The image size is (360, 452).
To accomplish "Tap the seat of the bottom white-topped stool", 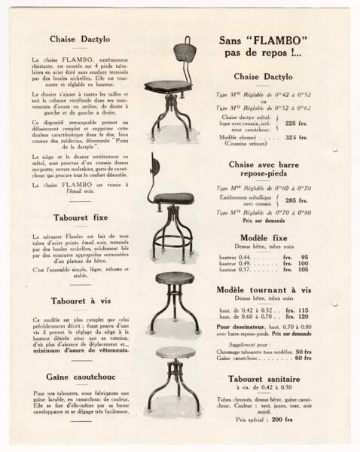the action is pos(175,353).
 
